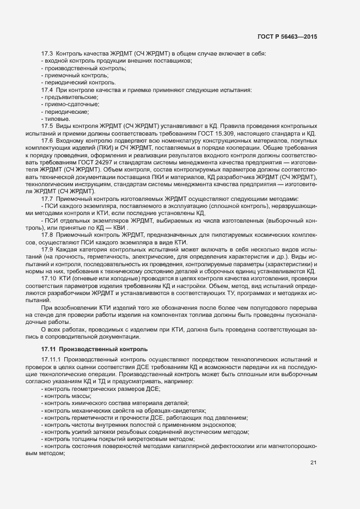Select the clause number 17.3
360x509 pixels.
point(47,54)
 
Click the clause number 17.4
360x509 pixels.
point(47,89)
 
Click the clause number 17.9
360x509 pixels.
point(47,249)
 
